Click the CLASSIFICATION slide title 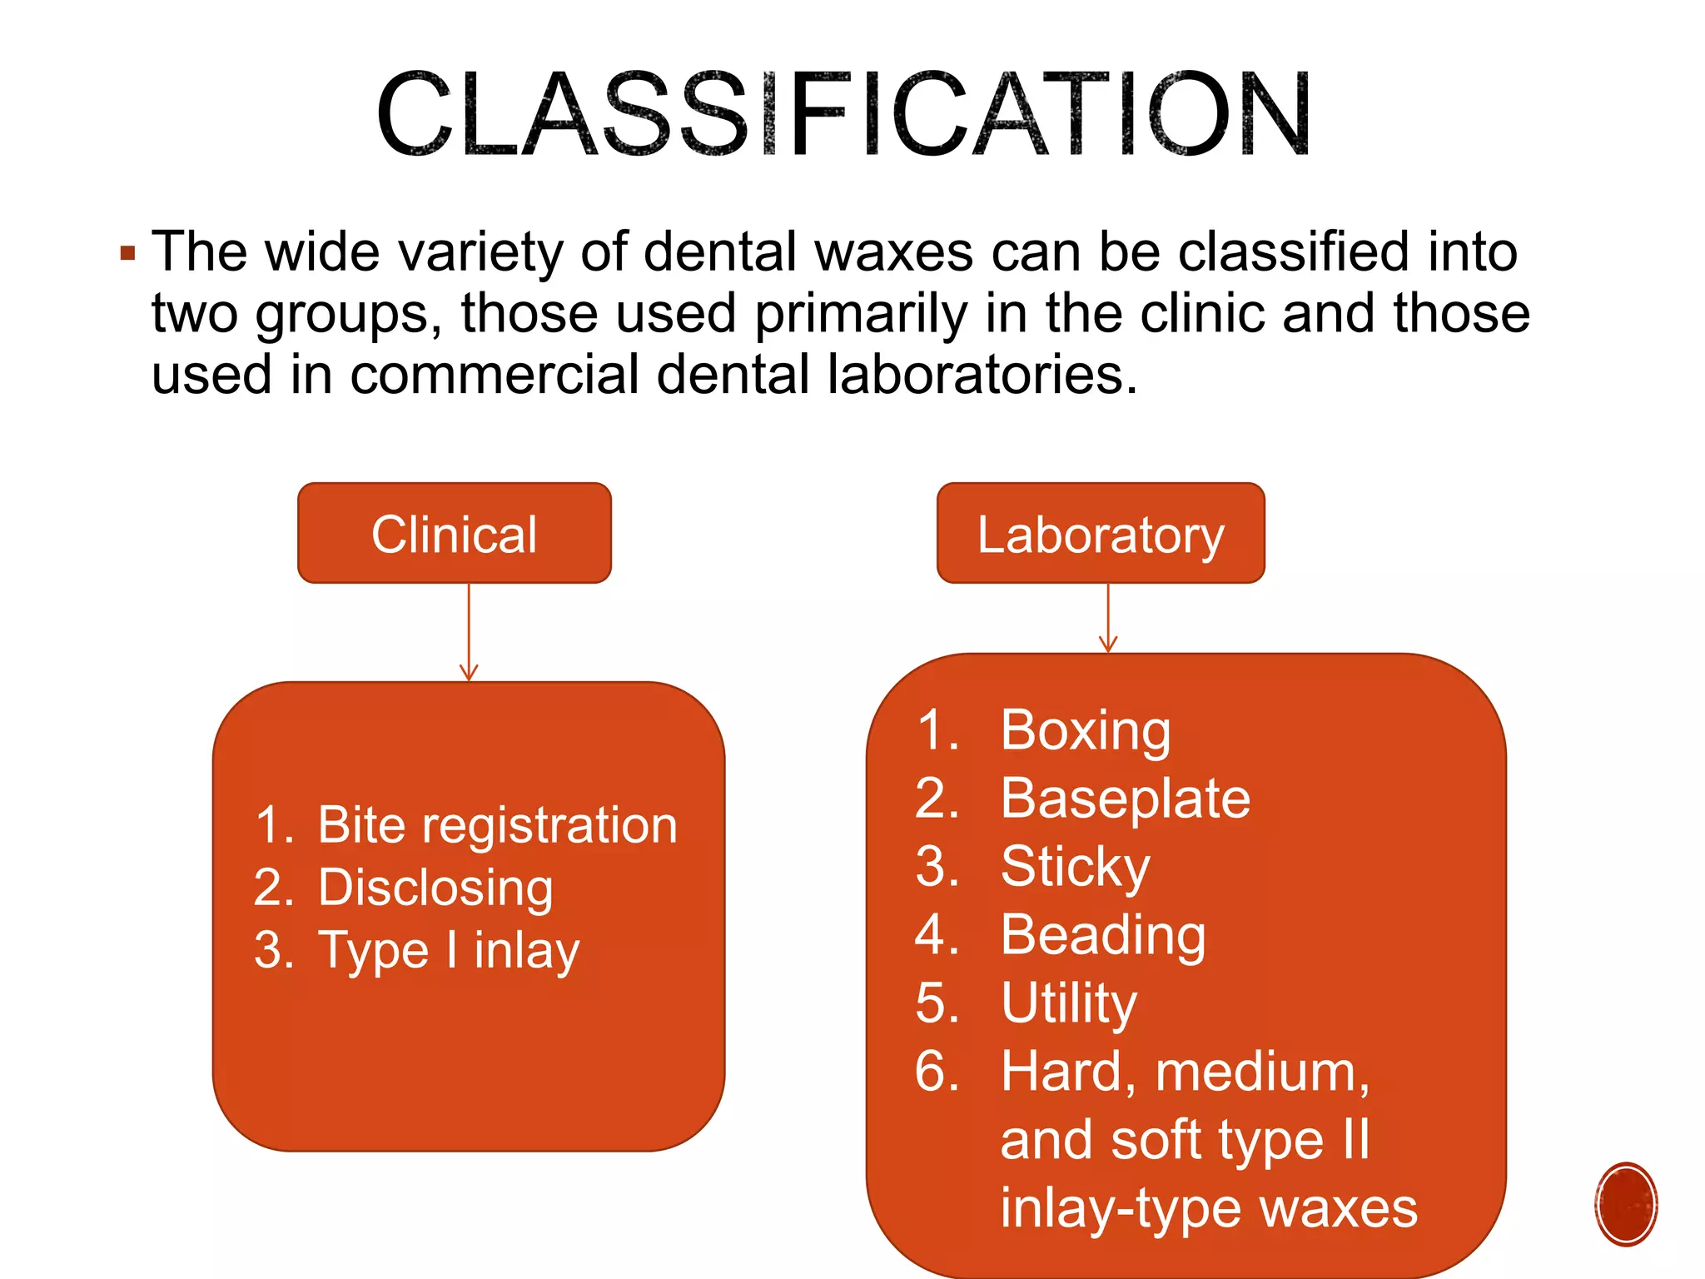tap(843, 115)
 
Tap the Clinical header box tap(455, 534)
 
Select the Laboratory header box tap(1101, 534)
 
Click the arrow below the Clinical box tap(469, 633)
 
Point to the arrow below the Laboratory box tap(1108, 619)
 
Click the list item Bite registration tap(497, 825)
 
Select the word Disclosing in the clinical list tap(435, 888)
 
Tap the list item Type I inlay tap(449, 950)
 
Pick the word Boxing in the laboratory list tap(1085, 730)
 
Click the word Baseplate tap(1125, 799)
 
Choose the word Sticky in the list tap(1075, 867)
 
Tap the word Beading tap(1103, 935)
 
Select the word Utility tap(1069, 1003)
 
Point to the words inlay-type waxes tap(1208, 1208)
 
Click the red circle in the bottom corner tap(1626, 1204)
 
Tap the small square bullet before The tap(127, 253)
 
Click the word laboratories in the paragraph tap(982, 375)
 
